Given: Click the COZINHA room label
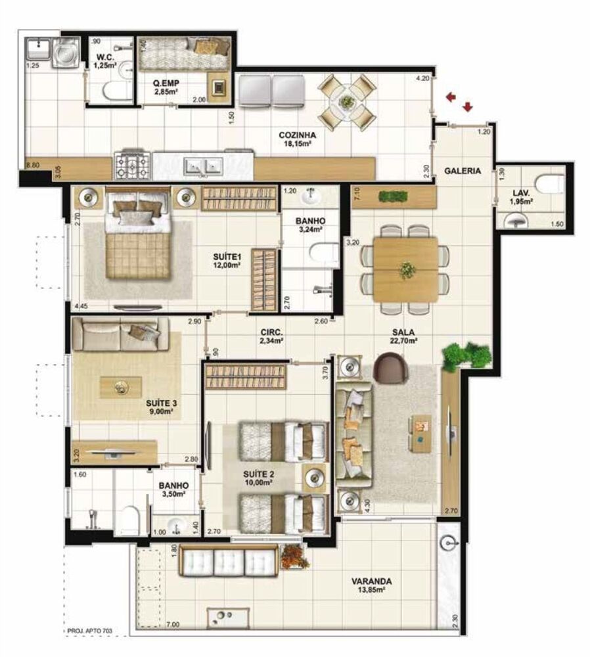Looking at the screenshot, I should coord(296,135).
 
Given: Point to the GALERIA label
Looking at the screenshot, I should coord(462,171).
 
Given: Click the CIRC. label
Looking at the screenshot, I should coord(271,332).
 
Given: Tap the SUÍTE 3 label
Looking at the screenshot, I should coord(160,403).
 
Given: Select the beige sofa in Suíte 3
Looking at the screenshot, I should coord(119,334).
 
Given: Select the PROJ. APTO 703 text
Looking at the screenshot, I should coord(90,632).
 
